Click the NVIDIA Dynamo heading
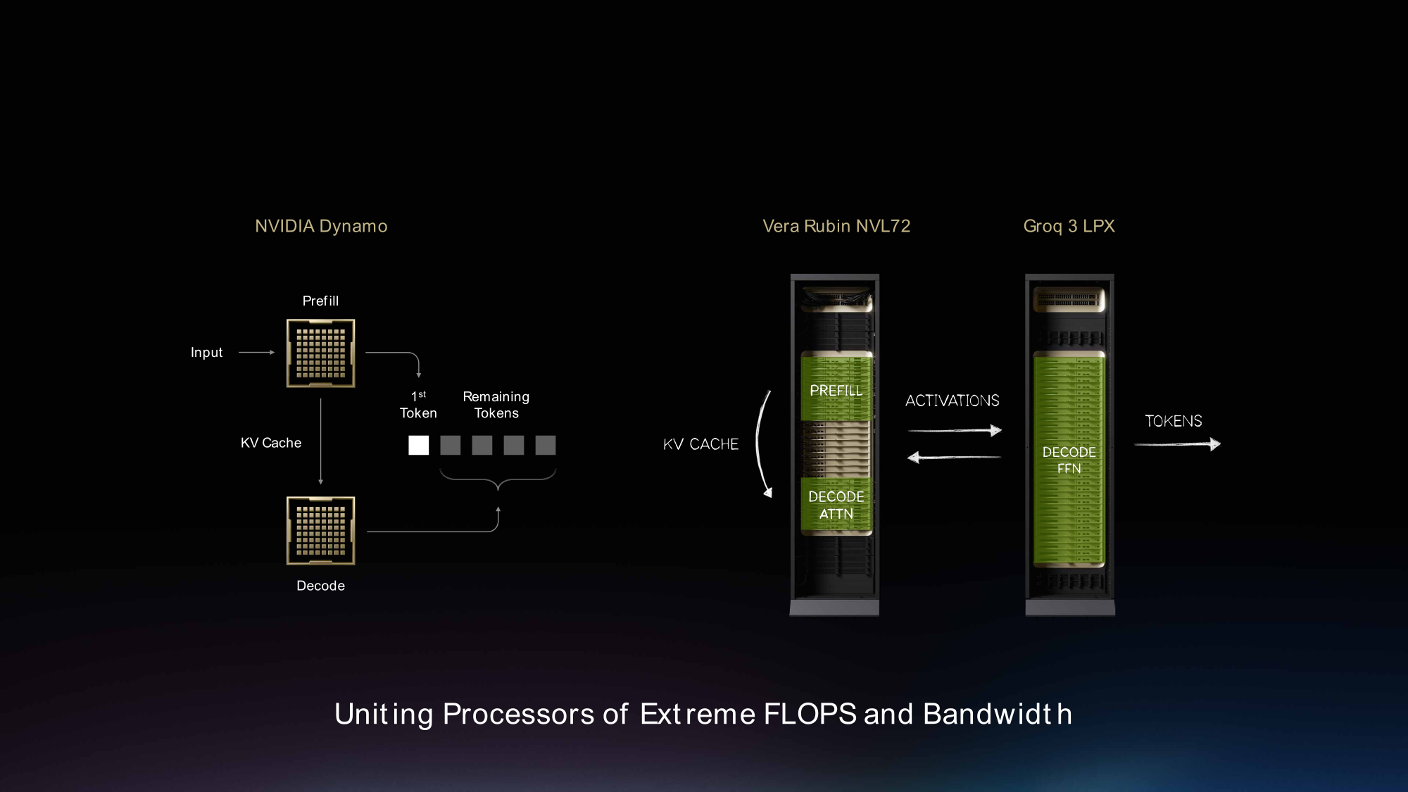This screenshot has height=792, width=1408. coord(321,226)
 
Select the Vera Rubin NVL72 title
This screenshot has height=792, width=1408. coord(836,226)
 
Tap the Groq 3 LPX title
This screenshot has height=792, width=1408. coord(1069,226)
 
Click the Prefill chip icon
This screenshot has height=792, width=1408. coord(320,353)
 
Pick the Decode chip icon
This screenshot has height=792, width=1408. coord(320,531)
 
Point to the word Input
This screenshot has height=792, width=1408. coord(206,353)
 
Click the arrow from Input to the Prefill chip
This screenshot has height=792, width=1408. coord(256,352)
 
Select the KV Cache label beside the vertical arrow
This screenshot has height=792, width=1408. coord(271,443)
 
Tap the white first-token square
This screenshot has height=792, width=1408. coord(418,445)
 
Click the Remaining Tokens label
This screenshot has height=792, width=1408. coord(496,405)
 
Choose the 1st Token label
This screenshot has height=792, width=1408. coord(418,405)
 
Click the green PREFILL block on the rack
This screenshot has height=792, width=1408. coord(836,389)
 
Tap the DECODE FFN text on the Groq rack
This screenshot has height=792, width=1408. coord(1069,460)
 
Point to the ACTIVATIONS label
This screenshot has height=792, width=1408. coord(952,401)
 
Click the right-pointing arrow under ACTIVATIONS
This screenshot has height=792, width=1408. coord(955,430)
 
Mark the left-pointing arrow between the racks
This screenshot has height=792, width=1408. coord(955,458)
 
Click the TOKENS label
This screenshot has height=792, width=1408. coord(1174,421)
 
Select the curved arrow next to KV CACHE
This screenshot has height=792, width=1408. coord(760,444)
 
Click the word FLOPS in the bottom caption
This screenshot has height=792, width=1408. coord(810,714)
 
